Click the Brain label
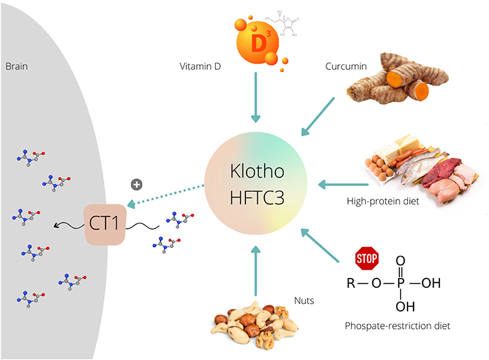click(17, 67)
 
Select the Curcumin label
click(346, 67)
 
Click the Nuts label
click(303, 301)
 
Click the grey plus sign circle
click(136, 185)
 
